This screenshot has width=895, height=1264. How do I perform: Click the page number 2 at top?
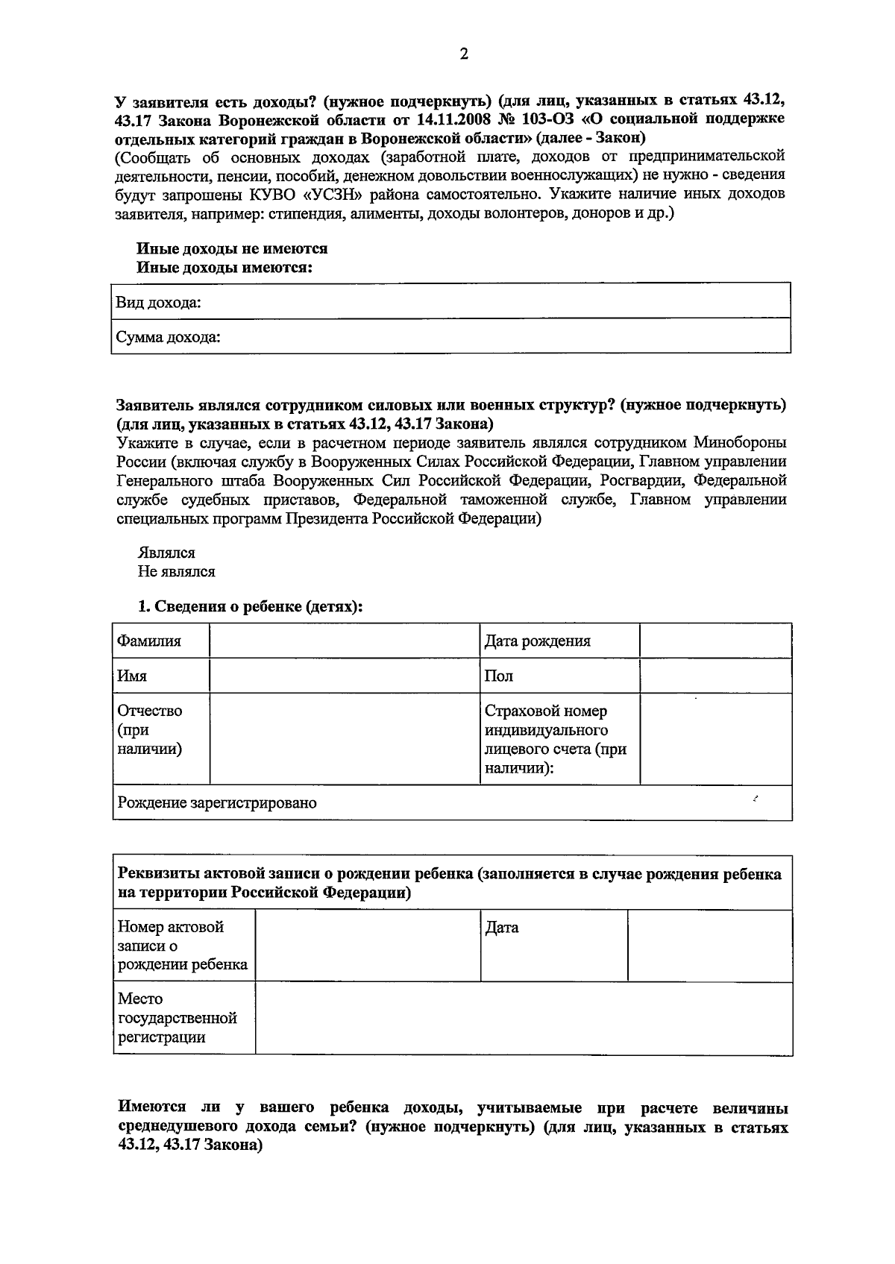(x=463, y=54)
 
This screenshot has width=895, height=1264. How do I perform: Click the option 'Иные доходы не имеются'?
(x=232, y=248)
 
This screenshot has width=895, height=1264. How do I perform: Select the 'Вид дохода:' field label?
(x=158, y=303)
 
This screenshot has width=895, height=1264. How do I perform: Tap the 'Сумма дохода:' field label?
(x=169, y=338)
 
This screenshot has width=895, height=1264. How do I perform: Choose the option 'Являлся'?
(x=166, y=553)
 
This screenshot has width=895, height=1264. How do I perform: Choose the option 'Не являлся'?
(x=176, y=572)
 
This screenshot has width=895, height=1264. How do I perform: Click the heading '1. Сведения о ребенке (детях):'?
(x=251, y=607)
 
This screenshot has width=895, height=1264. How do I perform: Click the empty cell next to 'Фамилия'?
(x=344, y=641)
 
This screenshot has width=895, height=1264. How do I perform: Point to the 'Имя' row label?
(x=132, y=676)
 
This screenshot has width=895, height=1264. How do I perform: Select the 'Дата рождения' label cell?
(x=538, y=641)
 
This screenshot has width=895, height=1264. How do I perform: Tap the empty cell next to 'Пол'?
(x=715, y=676)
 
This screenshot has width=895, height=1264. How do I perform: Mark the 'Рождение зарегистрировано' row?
(x=217, y=803)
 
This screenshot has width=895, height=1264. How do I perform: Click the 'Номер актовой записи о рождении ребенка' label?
(x=183, y=946)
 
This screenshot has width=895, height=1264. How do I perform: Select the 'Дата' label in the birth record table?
(x=502, y=928)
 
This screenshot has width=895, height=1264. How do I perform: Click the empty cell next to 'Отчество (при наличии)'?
(x=344, y=739)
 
